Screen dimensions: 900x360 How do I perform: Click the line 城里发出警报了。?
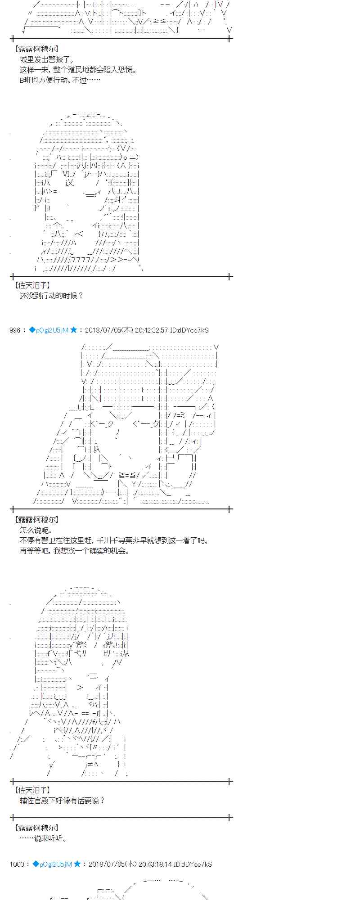click(47, 60)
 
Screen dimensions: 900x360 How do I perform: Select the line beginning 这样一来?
click(78, 70)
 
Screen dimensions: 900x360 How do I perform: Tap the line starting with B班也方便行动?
click(60, 81)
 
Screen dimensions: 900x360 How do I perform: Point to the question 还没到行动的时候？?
click(51, 296)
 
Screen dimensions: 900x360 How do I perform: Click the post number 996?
click(14, 330)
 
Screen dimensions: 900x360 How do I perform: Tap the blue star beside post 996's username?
click(74, 330)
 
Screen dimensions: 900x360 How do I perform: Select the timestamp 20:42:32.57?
click(151, 330)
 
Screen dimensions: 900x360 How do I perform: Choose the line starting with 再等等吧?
click(74, 551)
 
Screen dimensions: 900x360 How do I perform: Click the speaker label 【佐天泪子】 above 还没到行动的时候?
click(32, 285)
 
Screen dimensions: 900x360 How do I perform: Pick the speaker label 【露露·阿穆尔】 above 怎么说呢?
click(36, 520)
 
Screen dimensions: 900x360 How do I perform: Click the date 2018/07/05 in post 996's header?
click(102, 330)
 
